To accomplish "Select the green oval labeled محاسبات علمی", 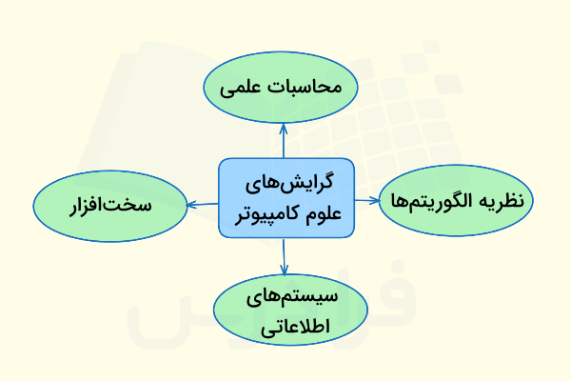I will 280,89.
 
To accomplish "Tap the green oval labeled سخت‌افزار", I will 109,205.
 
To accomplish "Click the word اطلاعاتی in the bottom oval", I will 286,327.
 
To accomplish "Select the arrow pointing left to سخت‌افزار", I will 202,203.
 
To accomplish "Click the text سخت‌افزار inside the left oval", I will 109,205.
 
